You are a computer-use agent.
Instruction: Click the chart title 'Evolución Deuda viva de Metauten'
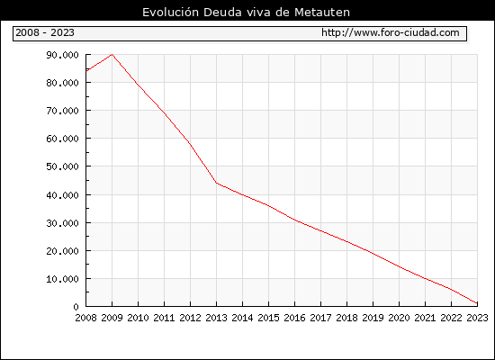[x=246, y=13]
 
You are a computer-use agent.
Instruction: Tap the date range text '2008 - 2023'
[x=45, y=32]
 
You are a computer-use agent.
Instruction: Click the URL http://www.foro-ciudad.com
[x=391, y=32]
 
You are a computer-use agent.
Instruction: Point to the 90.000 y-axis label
[x=62, y=55]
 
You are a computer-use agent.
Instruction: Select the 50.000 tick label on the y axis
[x=62, y=166]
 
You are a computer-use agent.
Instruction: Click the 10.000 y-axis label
[x=62, y=279]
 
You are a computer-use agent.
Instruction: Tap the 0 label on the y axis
[x=76, y=307]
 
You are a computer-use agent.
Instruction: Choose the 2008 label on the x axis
[x=85, y=318]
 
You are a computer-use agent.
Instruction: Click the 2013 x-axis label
[x=216, y=318]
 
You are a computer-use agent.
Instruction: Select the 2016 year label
[x=294, y=318]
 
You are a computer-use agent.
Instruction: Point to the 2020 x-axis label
[x=399, y=318]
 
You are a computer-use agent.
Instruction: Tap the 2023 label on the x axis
[x=477, y=318]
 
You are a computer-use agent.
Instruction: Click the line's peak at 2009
[x=112, y=55]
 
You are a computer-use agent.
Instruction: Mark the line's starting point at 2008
[x=86, y=71]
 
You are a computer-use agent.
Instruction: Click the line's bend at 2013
[x=216, y=183]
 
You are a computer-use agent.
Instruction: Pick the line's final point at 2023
[x=477, y=303]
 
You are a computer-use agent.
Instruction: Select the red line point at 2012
[x=191, y=144]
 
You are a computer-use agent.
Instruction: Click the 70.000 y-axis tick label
[x=62, y=111]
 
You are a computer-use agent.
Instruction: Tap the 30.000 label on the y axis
[x=62, y=223]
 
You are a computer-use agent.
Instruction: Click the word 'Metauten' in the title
[x=322, y=13]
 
